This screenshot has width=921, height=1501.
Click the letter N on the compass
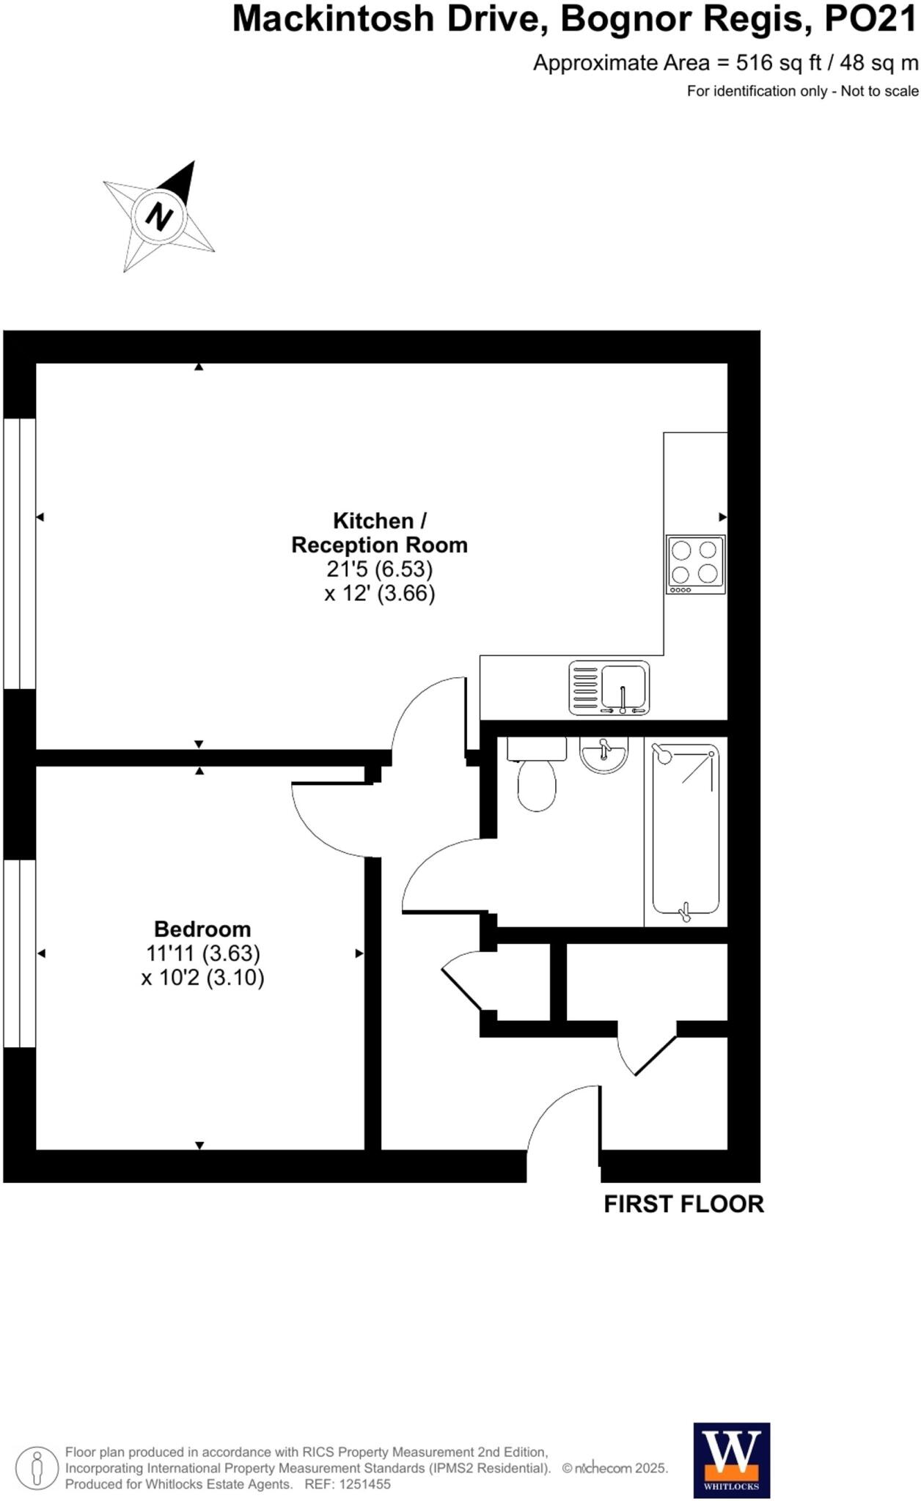[159, 216]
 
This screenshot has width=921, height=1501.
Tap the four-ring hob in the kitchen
[695, 564]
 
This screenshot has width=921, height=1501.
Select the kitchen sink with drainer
[609, 687]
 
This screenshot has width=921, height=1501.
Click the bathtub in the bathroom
[686, 830]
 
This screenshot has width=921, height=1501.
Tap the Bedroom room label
[202, 929]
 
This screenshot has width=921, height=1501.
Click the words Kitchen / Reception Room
[379, 533]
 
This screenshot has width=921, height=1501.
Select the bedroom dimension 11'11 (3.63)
[203, 954]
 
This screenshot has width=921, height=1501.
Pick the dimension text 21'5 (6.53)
[379, 569]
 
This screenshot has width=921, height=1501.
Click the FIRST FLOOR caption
[683, 1204]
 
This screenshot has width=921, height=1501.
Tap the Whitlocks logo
[731, 1460]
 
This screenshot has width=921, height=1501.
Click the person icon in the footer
[37, 1468]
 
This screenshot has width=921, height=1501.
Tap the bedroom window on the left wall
[20, 953]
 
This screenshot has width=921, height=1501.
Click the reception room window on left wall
[20, 553]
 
